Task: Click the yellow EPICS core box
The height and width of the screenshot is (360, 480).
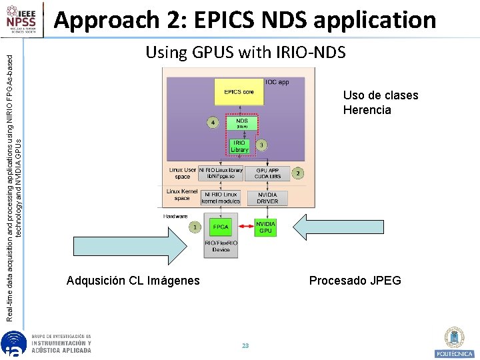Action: coord(239,93)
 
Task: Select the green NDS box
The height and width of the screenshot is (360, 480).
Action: coord(241,123)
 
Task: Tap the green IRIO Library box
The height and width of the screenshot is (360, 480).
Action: coord(239,146)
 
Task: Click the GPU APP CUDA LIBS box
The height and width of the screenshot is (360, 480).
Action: coord(267,173)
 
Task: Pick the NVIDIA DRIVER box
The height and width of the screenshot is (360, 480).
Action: coord(267,198)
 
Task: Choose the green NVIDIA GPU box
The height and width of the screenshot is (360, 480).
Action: coord(265,227)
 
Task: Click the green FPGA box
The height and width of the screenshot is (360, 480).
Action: coord(221,227)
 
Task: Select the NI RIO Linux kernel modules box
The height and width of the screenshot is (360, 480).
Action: coord(221,198)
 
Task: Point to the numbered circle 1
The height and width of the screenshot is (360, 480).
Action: coord(195,227)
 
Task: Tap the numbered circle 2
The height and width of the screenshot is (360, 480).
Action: coord(298,173)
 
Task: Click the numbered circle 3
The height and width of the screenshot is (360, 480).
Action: coord(262,145)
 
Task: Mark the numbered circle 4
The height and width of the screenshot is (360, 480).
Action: coord(213,123)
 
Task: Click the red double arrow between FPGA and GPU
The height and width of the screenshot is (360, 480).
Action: coord(243,227)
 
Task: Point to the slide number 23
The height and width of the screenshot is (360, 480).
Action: coord(245,345)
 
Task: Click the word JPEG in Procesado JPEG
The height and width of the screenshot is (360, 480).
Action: coord(387,281)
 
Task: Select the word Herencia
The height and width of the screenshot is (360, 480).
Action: coord(367,110)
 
